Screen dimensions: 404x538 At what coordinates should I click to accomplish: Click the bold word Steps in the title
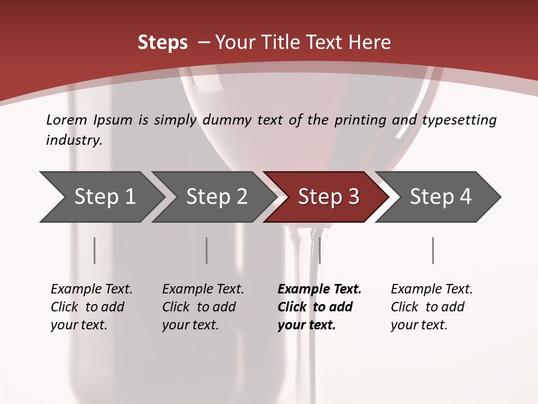tap(163, 43)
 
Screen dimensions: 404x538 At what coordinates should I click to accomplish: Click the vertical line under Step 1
tap(95, 250)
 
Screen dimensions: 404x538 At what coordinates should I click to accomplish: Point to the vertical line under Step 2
tap(207, 250)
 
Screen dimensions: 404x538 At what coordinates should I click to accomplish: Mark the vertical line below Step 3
tap(319, 250)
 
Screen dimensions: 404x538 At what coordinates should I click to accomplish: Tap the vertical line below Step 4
tap(433, 250)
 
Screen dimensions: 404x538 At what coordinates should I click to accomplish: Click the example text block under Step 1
tap(91, 307)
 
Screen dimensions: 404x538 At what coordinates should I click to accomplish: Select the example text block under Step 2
tap(203, 307)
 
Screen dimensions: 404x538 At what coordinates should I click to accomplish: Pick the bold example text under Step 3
tap(319, 307)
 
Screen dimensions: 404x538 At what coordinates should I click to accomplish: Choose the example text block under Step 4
tap(432, 307)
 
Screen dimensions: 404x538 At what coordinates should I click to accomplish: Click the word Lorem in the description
tap(67, 120)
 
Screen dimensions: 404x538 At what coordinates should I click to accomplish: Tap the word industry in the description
tap(74, 140)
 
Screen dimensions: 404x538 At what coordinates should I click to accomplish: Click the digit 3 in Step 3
tap(353, 197)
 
